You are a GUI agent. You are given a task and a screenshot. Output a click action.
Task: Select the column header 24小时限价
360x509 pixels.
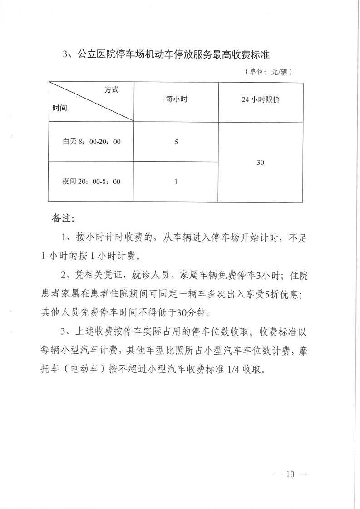[261, 100]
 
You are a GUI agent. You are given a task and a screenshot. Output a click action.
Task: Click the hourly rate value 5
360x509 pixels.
[176, 142]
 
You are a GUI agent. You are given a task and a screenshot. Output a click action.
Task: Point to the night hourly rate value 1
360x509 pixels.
[176, 182]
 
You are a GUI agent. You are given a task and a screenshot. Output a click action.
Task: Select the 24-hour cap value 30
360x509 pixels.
[261, 162]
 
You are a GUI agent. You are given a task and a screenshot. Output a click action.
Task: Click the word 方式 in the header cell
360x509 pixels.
[111, 90]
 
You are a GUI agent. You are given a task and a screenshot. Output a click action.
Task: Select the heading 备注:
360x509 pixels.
[63, 218]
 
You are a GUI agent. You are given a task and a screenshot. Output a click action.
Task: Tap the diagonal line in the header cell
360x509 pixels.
[91, 102]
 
